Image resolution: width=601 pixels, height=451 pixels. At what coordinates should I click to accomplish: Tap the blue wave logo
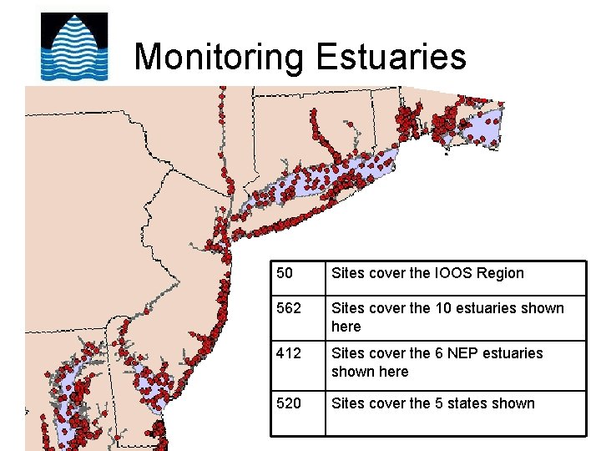(x=75, y=47)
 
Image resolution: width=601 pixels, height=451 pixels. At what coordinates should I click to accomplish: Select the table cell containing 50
(x=297, y=278)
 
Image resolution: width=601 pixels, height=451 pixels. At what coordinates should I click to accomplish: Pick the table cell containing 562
(x=297, y=318)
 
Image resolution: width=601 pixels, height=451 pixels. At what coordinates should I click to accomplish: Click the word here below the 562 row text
(x=346, y=327)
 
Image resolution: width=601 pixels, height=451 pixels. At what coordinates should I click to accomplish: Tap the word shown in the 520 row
(x=514, y=403)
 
